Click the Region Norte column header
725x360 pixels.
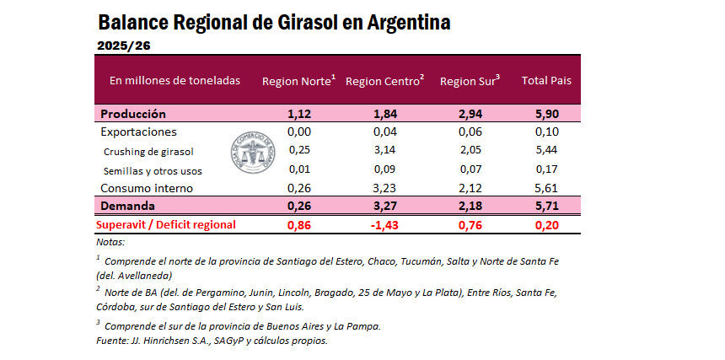(x=298, y=81)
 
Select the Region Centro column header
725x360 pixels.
(x=384, y=81)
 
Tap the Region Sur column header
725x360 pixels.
(x=470, y=81)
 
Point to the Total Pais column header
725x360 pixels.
(x=547, y=81)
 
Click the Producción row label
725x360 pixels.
(x=133, y=114)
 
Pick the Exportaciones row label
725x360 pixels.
(x=138, y=132)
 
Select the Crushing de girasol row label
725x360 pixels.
(x=148, y=152)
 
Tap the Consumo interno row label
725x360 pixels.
(x=147, y=188)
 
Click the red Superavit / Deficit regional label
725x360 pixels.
(x=165, y=224)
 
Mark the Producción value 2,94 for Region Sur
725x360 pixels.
(x=470, y=114)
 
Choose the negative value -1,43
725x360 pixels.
(x=384, y=224)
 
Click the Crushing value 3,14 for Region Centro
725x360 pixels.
(x=384, y=151)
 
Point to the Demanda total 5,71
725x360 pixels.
(x=546, y=206)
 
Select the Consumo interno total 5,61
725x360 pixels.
(x=546, y=188)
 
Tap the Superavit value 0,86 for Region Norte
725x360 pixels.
(x=299, y=224)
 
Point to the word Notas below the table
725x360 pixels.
(x=110, y=242)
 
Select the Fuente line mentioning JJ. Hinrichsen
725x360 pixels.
(x=212, y=341)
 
